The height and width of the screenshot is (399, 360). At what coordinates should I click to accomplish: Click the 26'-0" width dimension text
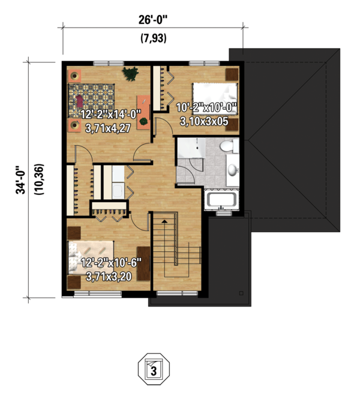(x=152, y=20)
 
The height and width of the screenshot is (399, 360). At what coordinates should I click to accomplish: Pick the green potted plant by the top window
(x=130, y=73)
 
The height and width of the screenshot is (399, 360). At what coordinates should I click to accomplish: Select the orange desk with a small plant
(x=144, y=112)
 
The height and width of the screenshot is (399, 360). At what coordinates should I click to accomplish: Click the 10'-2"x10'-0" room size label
(x=207, y=109)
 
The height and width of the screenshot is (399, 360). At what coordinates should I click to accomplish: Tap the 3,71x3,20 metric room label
(x=110, y=277)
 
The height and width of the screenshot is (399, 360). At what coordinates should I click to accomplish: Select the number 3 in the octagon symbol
(x=154, y=371)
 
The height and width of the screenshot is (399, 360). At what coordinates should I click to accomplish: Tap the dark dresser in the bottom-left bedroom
(x=144, y=262)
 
